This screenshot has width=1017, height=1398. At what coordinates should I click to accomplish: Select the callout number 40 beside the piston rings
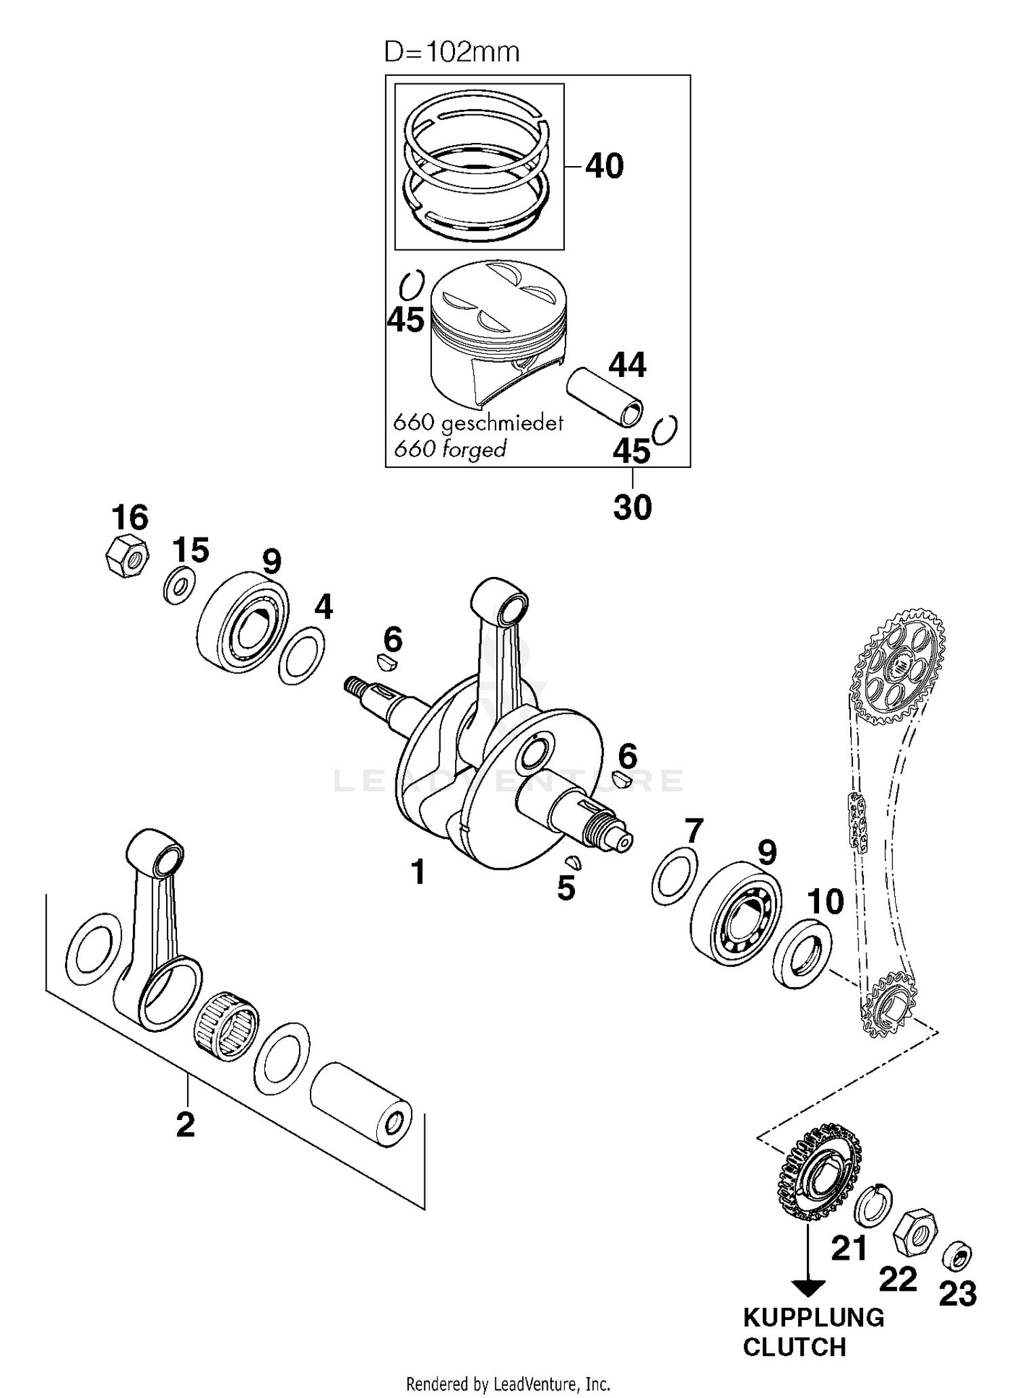(x=604, y=166)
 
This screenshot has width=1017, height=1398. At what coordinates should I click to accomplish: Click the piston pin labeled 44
(x=605, y=396)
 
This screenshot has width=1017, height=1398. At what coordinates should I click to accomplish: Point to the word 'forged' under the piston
(x=473, y=449)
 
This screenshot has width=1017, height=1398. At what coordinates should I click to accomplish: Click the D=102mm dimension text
(x=452, y=52)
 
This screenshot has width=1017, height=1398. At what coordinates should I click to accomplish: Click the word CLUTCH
(x=794, y=1346)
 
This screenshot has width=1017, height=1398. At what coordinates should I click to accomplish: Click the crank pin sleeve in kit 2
(x=361, y=1105)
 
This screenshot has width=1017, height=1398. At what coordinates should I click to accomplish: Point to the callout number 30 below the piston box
(x=632, y=506)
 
